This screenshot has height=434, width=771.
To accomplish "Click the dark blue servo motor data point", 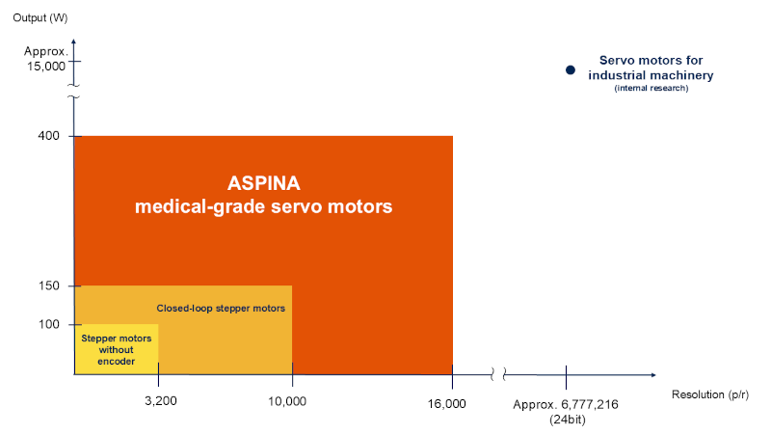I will click(570, 69).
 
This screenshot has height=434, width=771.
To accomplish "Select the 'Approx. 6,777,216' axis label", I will click(566, 404).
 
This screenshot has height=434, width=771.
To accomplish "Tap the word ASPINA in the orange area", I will click(263, 182).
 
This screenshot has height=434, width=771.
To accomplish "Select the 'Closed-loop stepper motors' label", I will click(221, 309).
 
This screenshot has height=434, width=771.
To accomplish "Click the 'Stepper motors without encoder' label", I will click(116, 350).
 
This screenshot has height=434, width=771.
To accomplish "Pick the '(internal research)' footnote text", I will click(651, 89).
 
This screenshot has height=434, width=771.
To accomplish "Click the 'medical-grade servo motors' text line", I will click(263, 206).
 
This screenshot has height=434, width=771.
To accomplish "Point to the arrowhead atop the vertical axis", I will click(74, 41).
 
